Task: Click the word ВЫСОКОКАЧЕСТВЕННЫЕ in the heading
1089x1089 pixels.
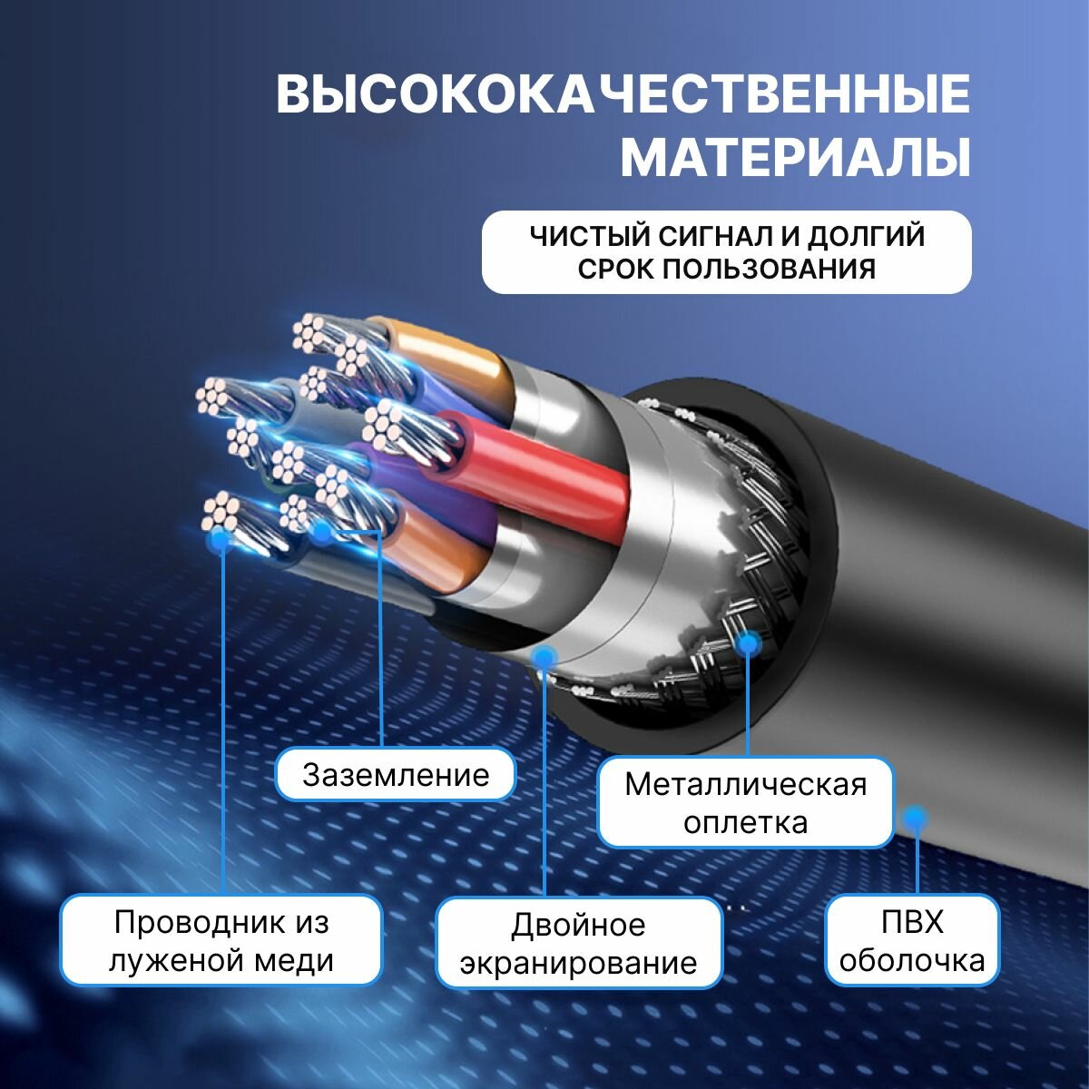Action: (x=623, y=94)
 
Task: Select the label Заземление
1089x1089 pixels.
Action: (x=396, y=775)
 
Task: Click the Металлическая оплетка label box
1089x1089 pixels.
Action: (x=745, y=803)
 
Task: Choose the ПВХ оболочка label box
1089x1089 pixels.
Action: (x=912, y=941)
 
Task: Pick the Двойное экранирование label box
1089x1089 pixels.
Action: (x=579, y=944)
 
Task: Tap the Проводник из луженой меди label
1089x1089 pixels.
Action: (x=221, y=941)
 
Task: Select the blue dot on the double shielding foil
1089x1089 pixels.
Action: (x=544, y=655)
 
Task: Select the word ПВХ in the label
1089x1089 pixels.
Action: (x=912, y=923)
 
